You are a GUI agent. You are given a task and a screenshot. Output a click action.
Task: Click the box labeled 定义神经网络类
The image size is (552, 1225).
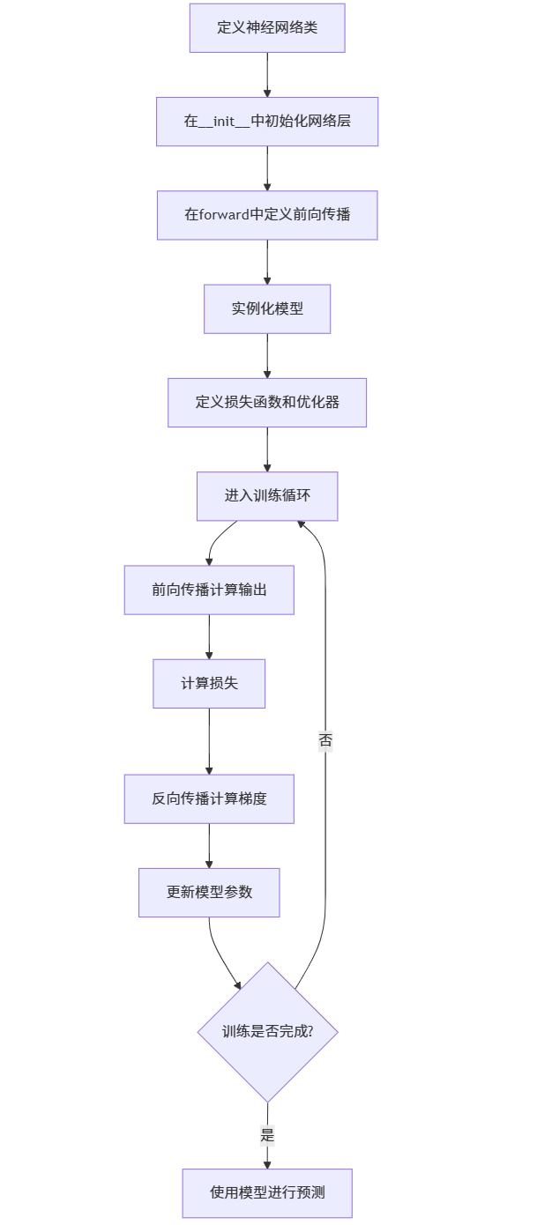(267, 27)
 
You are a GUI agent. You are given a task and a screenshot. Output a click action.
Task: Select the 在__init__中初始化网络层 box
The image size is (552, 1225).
(267, 121)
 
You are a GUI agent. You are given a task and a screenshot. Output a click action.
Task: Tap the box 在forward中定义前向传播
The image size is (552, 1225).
(267, 214)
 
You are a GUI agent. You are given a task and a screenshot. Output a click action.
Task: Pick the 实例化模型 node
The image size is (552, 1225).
(267, 308)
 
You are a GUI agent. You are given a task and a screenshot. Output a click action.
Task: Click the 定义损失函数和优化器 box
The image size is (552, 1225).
(267, 402)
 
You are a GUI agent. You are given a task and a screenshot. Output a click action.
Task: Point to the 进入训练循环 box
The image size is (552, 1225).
(267, 495)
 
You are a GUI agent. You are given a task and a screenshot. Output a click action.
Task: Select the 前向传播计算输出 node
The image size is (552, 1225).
(209, 590)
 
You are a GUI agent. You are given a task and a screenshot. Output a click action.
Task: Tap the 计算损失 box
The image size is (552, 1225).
(209, 683)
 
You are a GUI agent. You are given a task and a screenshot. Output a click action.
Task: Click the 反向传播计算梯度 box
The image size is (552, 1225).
(209, 798)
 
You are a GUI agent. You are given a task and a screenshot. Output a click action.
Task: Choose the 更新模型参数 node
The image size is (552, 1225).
(209, 892)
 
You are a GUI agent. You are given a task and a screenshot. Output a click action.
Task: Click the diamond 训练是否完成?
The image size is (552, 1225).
(267, 1031)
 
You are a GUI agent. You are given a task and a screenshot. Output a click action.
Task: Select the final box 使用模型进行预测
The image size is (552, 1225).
(267, 1192)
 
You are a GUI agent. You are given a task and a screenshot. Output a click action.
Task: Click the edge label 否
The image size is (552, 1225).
(325, 741)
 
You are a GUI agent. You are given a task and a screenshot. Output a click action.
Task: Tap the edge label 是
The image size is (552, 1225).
(267, 1135)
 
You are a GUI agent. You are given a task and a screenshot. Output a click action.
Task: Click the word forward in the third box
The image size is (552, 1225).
(225, 214)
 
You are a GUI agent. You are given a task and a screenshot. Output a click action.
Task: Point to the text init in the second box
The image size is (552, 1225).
(224, 121)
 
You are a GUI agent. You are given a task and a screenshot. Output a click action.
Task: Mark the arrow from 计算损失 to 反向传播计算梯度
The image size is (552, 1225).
(209, 740)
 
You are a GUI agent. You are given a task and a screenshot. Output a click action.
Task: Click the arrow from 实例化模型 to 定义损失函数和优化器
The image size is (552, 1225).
(267, 355)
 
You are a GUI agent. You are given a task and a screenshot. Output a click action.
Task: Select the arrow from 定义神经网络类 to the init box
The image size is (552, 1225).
(267, 74)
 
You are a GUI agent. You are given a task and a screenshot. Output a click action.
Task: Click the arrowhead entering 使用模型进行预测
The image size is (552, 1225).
(267, 1164)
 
